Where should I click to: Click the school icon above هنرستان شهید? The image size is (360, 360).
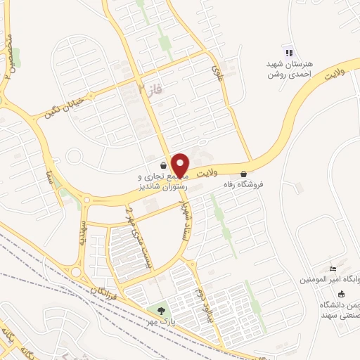click(287, 52)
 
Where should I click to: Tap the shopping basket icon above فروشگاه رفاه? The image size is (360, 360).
click(244, 173)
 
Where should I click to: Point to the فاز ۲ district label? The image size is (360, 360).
click(146, 90)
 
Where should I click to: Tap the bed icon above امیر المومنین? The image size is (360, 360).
click(333, 269)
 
